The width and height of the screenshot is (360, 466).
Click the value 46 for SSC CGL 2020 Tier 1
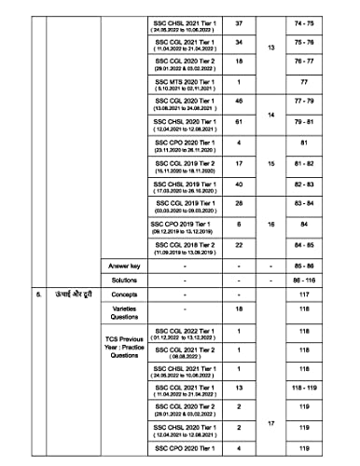click(240, 126)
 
